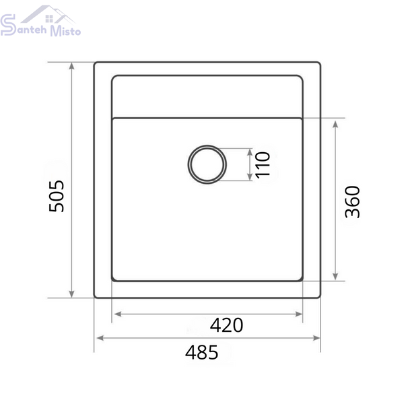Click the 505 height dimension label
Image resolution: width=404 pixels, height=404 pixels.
(57, 196)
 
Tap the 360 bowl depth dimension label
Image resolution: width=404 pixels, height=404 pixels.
(352, 202)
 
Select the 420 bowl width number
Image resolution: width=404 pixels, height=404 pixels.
(226, 325)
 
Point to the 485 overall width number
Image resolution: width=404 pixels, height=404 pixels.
(202, 352)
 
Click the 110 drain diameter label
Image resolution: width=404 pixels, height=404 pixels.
(263, 165)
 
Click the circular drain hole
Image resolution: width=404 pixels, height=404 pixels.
(207, 164)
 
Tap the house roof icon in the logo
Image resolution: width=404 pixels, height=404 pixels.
(48, 14)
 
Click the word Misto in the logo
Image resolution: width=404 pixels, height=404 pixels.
(65, 31)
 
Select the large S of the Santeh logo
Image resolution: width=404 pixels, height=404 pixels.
(8, 25)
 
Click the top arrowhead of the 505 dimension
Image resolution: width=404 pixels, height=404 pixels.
(72, 66)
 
